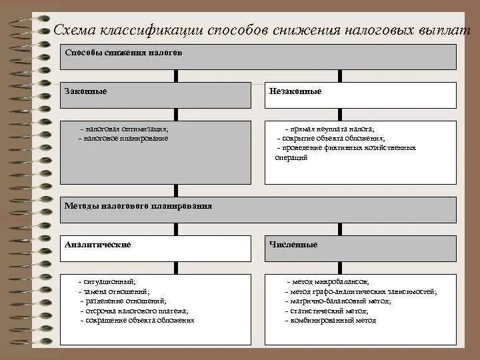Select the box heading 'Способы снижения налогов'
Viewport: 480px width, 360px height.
(x=123, y=52)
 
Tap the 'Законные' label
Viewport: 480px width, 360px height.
(x=86, y=91)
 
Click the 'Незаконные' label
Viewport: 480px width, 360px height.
(x=295, y=91)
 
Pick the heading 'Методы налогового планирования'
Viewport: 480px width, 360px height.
(x=138, y=206)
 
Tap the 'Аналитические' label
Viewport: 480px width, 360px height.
(x=98, y=245)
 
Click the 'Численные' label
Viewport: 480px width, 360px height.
(x=293, y=245)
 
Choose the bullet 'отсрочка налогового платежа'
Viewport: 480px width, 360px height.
(x=133, y=311)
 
